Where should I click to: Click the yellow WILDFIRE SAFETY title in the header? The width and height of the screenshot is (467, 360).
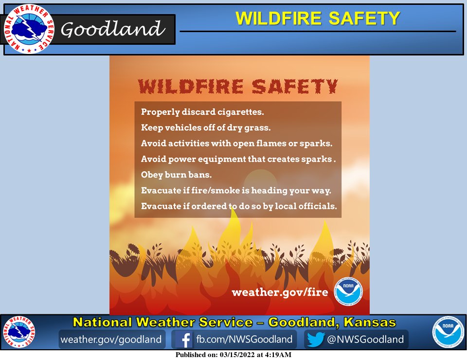(x=318, y=18)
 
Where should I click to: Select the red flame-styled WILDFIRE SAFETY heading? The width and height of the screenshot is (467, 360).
(x=237, y=87)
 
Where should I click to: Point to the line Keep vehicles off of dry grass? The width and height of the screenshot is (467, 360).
(x=205, y=128)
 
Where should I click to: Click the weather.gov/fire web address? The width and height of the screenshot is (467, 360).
(x=280, y=292)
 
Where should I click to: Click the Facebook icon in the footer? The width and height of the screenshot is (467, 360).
(x=184, y=339)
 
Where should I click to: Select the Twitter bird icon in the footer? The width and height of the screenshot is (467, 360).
(x=315, y=339)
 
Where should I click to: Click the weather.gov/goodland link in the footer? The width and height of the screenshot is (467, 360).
(x=110, y=339)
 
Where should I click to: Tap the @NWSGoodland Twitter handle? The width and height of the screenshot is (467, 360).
(x=365, y=339)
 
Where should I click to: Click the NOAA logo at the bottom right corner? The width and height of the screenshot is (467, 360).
(x=448, y=333)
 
